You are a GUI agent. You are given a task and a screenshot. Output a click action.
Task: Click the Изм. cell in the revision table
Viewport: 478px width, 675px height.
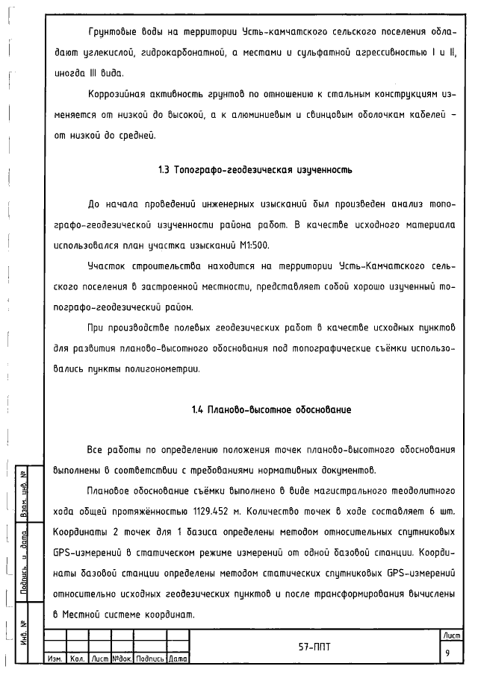click(x=55, y=659)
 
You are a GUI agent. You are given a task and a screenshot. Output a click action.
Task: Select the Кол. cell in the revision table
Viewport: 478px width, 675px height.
click(x=77, y=659)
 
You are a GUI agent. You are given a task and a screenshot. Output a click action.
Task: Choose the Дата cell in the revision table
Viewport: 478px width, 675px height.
click(x=178, y=659)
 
